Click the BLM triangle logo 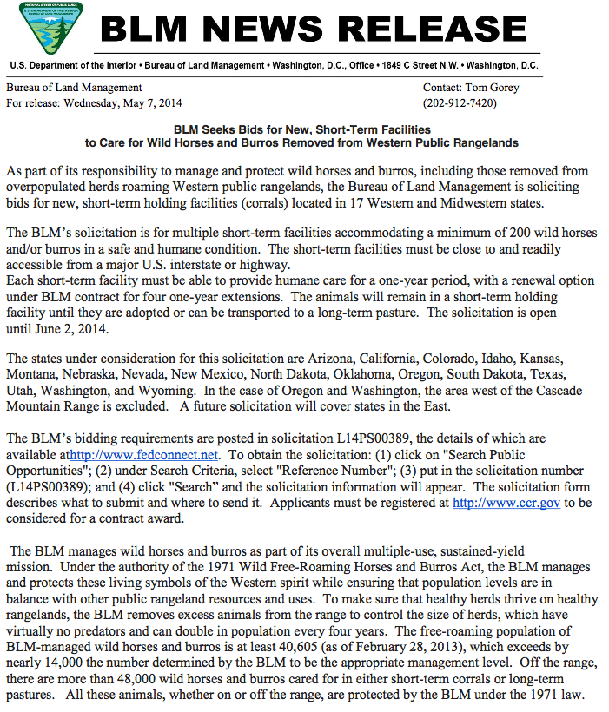coord(51,28)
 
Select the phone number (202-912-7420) coord(460,102)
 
